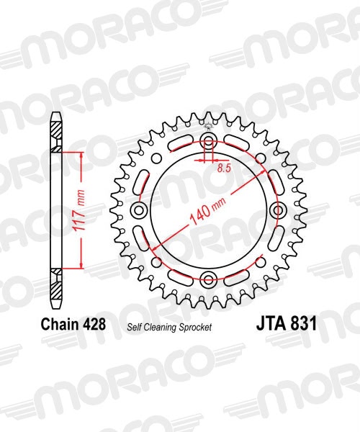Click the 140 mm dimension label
click(208, 211)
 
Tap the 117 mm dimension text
click(78, 210)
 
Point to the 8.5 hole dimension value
click(224, 168)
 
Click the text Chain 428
click(73, 324)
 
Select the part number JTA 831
click(287, 323)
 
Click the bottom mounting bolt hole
click(209, 280)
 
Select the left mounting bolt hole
click(139, 210)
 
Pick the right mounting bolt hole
click(278, 210)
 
